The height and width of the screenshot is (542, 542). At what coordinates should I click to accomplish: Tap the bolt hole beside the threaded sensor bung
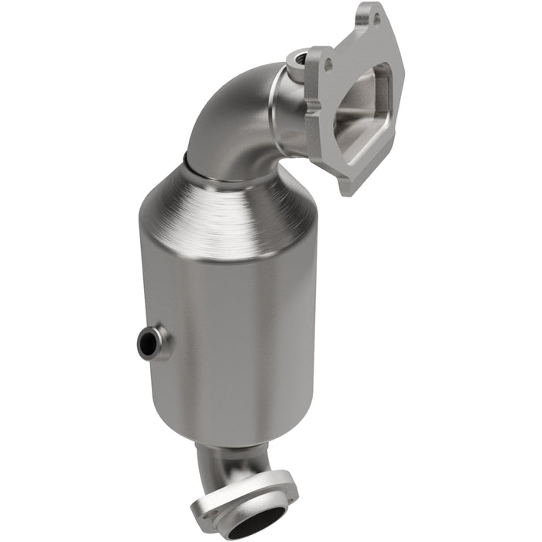click(328, 67)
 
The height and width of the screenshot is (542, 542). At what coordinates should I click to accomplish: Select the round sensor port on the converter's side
click(151, 341)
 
